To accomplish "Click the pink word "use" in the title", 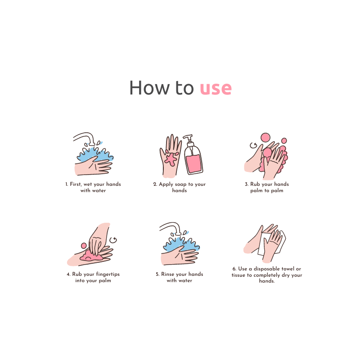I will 216,88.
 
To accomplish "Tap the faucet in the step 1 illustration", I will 85,137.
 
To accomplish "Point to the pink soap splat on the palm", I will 171,158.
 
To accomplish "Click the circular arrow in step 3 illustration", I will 253,145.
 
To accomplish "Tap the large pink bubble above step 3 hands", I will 265,137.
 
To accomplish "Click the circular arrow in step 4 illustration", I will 113,240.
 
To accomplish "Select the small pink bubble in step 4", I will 84,246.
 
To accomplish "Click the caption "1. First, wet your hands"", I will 93,184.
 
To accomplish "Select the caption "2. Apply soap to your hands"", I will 180,187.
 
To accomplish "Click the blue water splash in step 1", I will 94,153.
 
